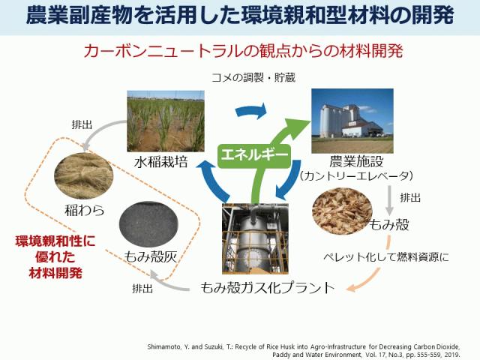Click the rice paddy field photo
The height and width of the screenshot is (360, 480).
(166, 121)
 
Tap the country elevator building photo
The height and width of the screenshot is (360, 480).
(352, 121)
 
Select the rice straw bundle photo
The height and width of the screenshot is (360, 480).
(83, 175)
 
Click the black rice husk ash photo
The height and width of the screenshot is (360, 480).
(148, 224)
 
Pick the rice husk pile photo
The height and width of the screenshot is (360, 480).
(342, 211)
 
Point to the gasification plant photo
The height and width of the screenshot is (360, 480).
(255, 238)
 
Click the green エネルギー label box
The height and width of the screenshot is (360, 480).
(255, 155)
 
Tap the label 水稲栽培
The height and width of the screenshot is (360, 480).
(160, 162)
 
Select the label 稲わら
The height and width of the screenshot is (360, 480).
(85, 210)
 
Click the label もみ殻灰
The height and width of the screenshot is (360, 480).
(150, 256)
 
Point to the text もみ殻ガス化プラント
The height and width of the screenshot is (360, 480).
(268, 288)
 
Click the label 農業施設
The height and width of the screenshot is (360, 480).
(356, 161)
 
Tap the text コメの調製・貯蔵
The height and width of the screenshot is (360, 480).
(253, 77)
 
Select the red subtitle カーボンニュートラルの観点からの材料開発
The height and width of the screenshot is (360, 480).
(243, 51)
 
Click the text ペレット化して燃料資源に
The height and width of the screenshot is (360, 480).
(386, 256)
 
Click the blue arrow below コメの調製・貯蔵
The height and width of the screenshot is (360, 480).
(251, 110)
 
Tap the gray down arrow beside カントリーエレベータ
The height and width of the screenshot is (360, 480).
(389, 200)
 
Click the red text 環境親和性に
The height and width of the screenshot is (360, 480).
(55, 241)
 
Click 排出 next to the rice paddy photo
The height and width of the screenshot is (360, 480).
(82, 124)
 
